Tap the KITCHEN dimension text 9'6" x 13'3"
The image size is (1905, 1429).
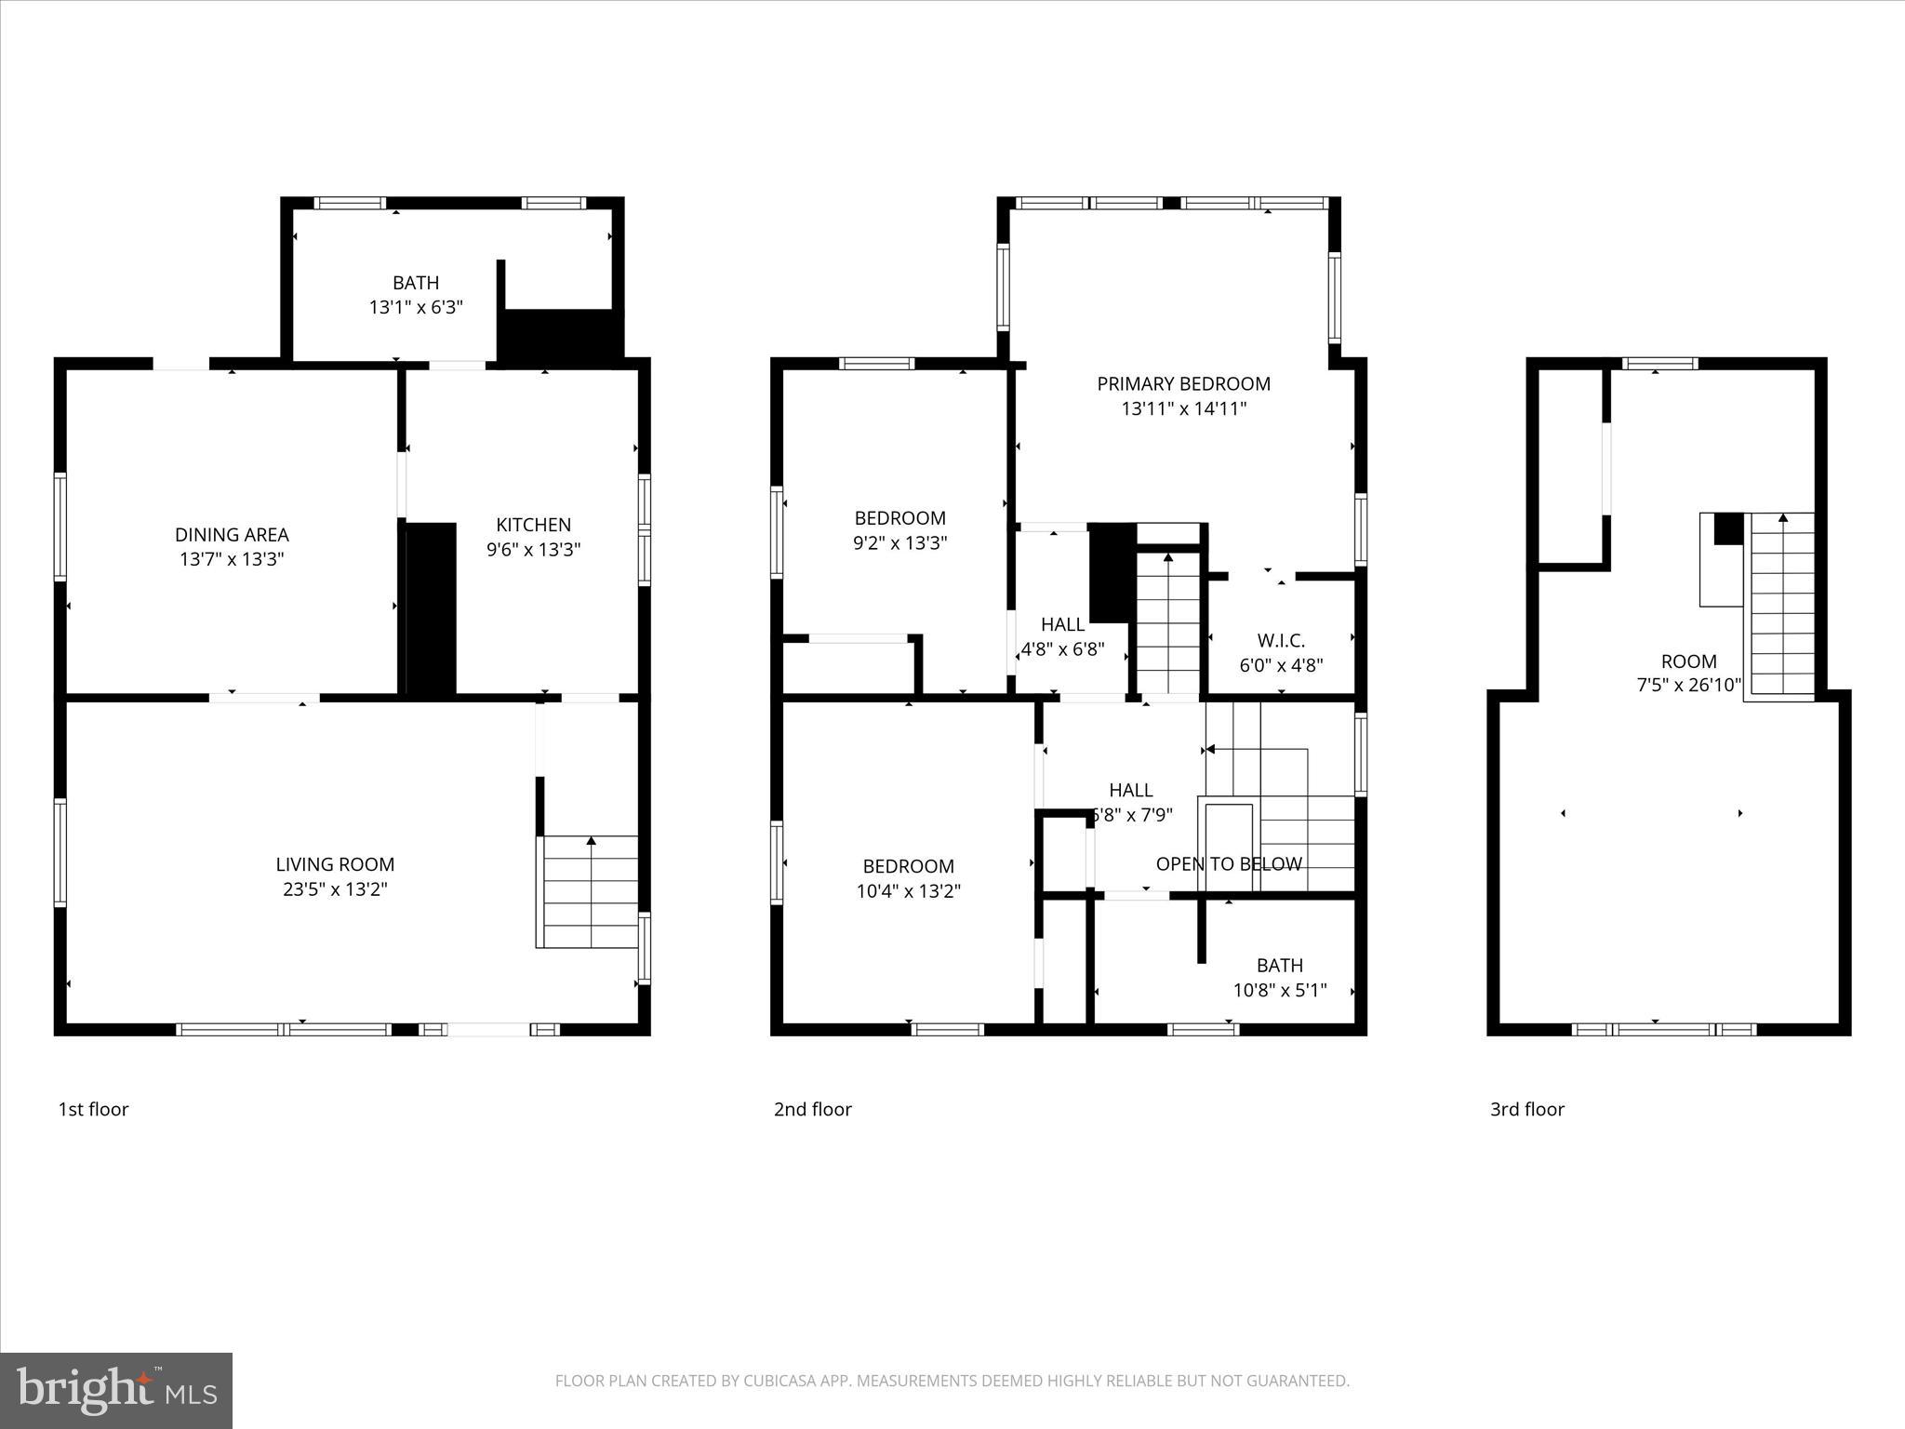533,550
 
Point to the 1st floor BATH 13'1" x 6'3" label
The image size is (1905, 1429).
416,295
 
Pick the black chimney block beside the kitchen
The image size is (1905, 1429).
432,609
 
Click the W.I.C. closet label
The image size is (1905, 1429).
1281,641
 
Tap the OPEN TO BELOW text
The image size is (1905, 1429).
1228,864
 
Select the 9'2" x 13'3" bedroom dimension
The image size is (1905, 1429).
899,543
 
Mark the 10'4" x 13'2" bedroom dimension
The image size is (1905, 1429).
908,891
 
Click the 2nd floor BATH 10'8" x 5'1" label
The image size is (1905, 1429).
1279,978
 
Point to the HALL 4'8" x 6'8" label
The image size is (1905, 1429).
1062,636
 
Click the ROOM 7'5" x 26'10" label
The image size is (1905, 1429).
1688,674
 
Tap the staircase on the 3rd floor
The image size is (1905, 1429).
1782,605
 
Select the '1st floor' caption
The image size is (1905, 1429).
93,1109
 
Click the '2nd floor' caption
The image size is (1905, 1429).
812,1109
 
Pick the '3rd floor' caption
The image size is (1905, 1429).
1526,1109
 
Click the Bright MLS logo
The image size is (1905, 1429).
116,1390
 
